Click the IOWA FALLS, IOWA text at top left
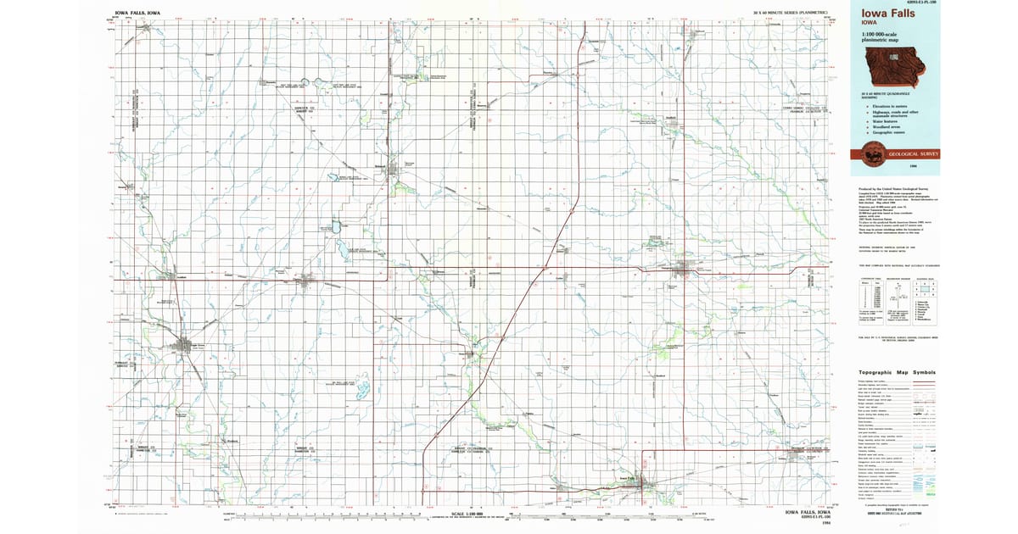pos(139,14)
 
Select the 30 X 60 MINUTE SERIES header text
pos(789,14)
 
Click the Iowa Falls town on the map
pos(648,486)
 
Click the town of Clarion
pos(306,279)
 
